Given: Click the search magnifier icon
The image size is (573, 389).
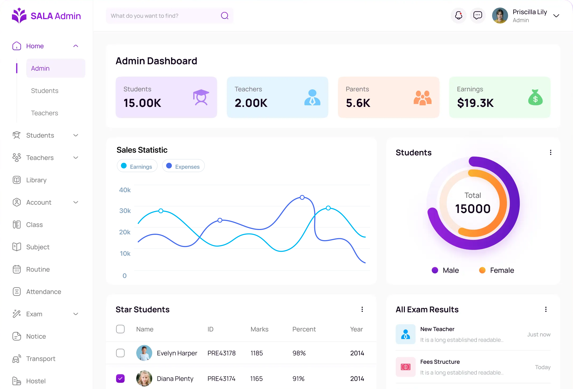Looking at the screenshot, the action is (x=225, y=16).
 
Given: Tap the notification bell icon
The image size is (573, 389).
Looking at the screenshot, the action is (x=459, y=15).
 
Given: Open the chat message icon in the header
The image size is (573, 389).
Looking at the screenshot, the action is (x=478, y=15).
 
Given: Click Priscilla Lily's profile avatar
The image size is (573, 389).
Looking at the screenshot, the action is (x=500, y=15).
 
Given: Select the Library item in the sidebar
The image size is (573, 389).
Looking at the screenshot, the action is (x=36, y=180).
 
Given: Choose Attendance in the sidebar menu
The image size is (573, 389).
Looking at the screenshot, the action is (x=44, y=292).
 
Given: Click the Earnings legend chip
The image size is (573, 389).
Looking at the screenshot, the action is (x=137, y=166).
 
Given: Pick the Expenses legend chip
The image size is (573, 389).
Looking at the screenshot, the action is (x=183, y=166).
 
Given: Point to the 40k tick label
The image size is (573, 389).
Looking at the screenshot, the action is (x=125, y=190).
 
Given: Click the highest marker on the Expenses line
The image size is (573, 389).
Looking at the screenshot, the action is (x=302, y=197).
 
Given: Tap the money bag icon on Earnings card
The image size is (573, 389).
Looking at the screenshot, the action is (x=535, y=97).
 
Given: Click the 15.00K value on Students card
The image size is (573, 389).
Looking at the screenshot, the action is (x=142, y=103).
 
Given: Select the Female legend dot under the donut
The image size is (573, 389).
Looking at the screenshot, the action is (x=482, y=270).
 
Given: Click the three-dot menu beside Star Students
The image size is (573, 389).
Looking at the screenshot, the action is (x=362, y=309).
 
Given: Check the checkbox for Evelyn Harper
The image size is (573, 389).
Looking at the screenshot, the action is (x=120, y=353).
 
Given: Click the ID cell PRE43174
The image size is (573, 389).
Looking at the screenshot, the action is (x=221, y=379).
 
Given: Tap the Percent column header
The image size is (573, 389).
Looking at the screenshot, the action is (x=304, y=329).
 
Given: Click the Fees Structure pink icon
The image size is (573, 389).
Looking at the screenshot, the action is (x=405, y=367).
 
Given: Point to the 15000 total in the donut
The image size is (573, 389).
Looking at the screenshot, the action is (x=473, y=209).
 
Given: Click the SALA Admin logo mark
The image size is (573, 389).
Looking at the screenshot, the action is (x=19, y=15).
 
